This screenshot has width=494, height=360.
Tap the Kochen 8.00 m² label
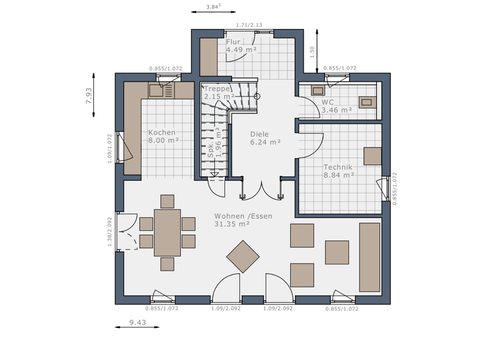point(162,136)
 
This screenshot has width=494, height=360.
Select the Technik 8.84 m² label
point(338,170)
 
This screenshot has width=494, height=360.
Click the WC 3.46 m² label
point(336,106)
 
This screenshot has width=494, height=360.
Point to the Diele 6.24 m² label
point(265,138)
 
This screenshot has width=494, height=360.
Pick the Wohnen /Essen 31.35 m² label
point(242,220)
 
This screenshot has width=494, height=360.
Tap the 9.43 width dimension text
point(136,323)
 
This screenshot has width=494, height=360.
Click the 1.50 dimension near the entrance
point(312,51)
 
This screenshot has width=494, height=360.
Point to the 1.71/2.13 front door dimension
point(249,25)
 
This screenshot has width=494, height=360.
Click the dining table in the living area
point(167,233)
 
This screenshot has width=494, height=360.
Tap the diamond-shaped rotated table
point(242,256)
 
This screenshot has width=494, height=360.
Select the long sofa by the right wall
point(369,257)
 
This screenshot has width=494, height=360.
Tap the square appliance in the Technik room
point(372,156)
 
